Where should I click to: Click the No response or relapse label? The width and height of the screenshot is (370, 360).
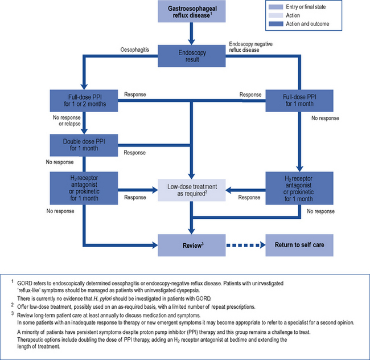tap(65, 121)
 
